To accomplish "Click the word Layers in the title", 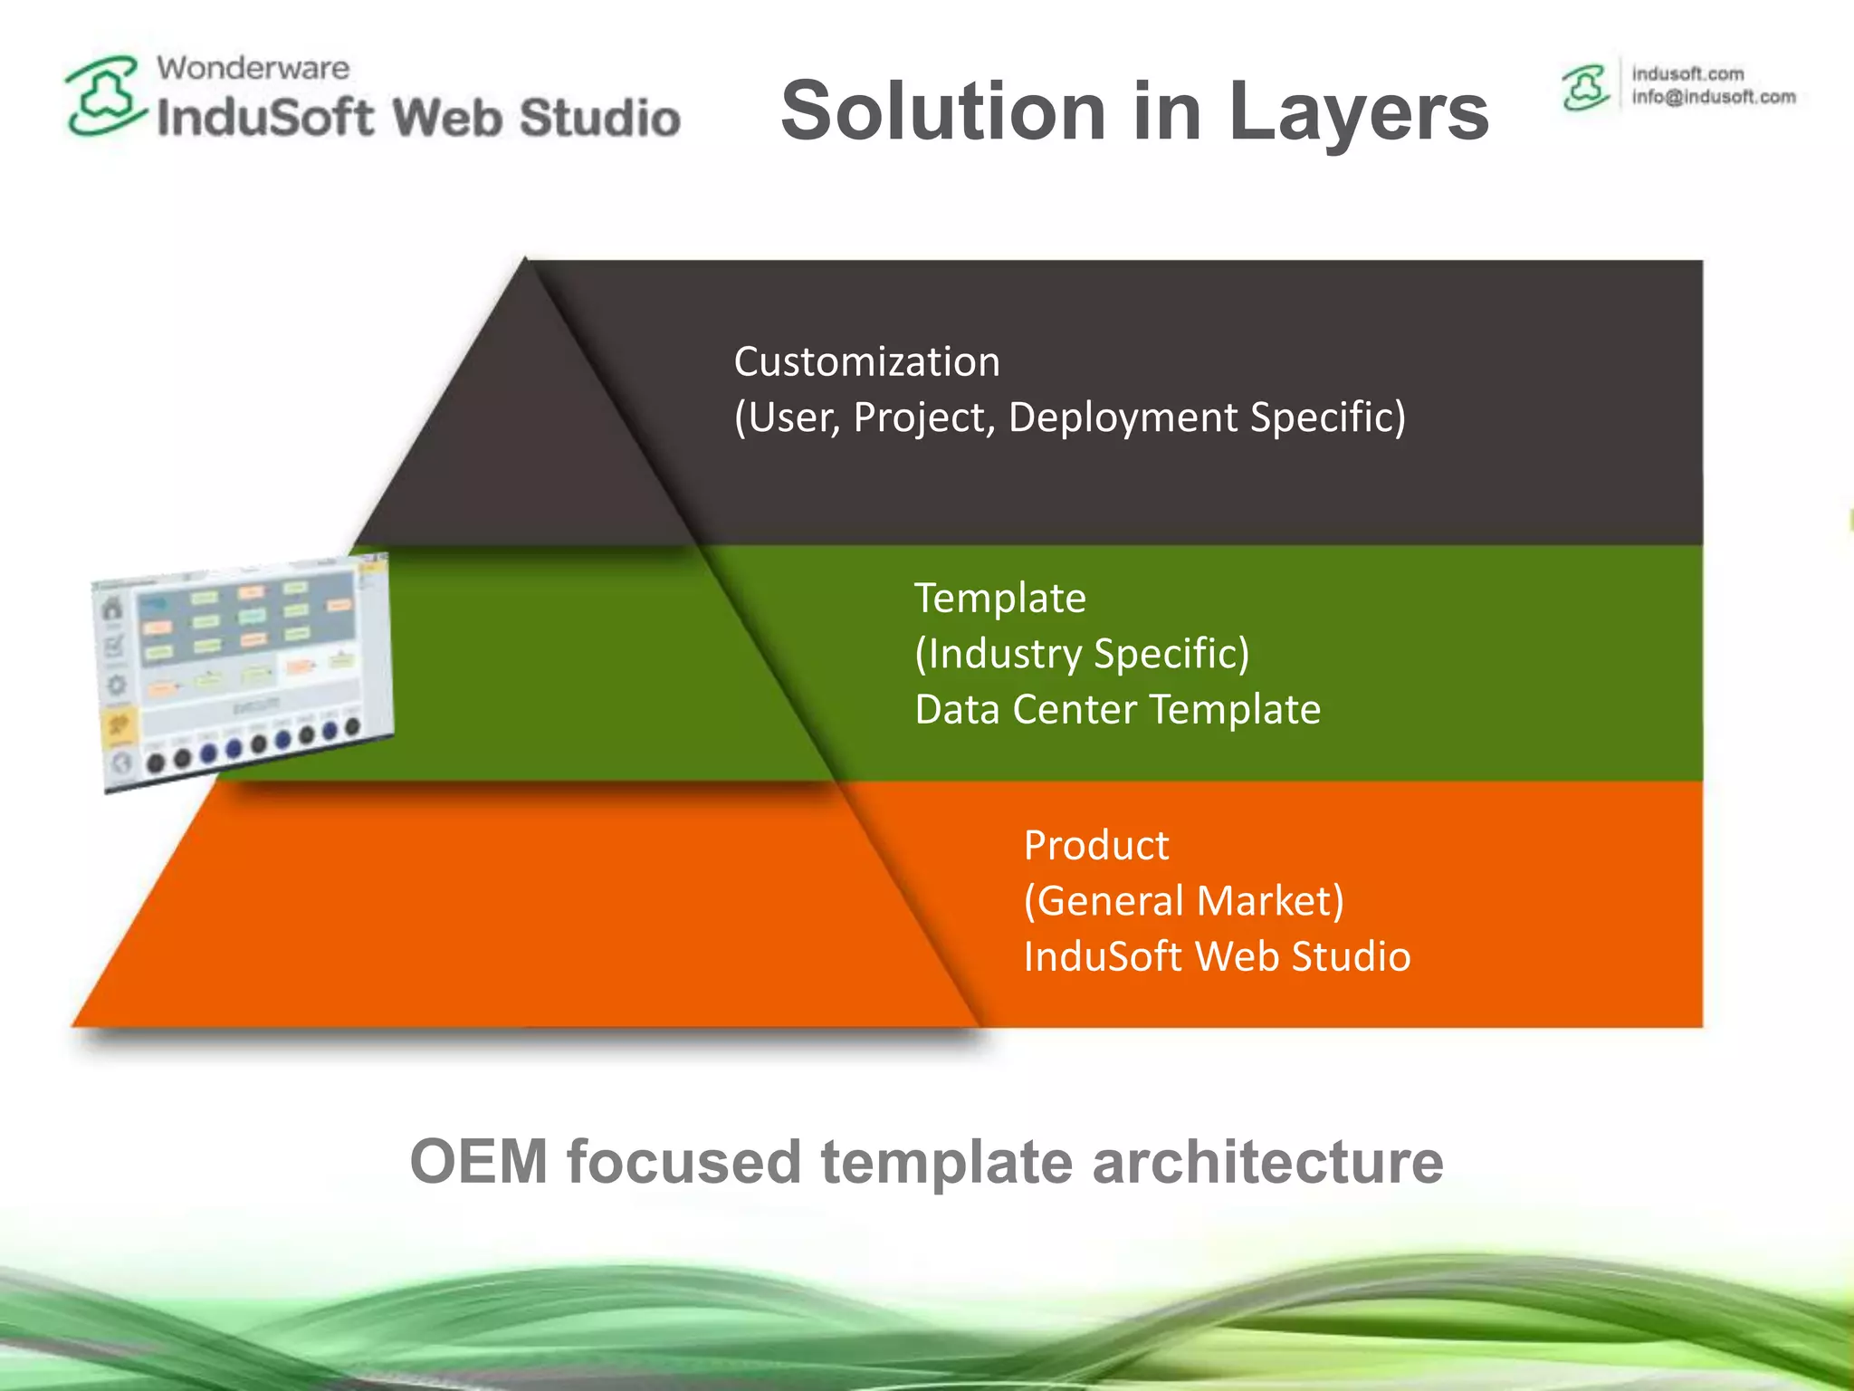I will tap(1358, 111).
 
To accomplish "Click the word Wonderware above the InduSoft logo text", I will tap(253, 68).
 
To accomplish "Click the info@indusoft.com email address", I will tap(1713, 97).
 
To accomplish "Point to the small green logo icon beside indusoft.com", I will tap(1585, 88).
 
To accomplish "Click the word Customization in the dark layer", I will tap(866, 361).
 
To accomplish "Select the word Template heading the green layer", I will tap(999, 598).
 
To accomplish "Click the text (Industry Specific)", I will tap(1082, 654).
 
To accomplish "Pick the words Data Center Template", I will tap(1117, 709).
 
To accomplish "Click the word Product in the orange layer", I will tap(1095, 845).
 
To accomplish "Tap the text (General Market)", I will tap(1183, 901).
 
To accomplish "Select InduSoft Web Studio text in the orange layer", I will tap(1217, 956).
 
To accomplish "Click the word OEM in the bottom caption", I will tap(479, 1162).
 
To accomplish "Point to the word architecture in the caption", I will tap(1267, 1162).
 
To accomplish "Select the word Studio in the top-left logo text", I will tap(599, 119).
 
